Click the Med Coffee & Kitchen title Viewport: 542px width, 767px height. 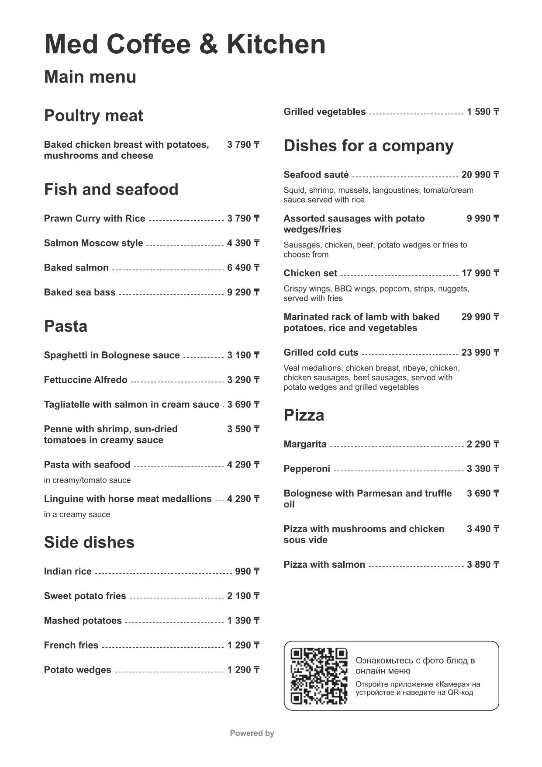(x=185, y=44)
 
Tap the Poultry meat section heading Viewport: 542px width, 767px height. (x=93, y=116)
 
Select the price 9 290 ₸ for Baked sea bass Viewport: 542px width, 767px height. (x=243, y=292)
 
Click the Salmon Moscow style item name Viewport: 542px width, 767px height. (x=93, y=243)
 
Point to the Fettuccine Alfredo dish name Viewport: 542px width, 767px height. (x=86, y=380)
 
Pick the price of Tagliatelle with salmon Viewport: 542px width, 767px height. (x=243, y=405)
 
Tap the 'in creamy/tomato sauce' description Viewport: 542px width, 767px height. (x=87, y=480)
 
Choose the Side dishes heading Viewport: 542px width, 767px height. (x=89, y=542)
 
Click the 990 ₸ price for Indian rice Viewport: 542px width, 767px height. (x=247, y=572)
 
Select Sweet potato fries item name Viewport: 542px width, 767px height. (x=85, y=596)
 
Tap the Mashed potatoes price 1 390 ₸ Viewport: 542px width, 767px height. (x=243, y=621)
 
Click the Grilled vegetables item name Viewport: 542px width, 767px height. (x=325, y=112)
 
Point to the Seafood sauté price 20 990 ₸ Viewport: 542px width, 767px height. (x=480, y=175)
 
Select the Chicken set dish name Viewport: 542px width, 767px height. (x=310, y=273)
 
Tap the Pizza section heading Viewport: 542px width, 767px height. (x=304, y=415)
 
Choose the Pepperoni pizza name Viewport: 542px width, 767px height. (x=307, y=469)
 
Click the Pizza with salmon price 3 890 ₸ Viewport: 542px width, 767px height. (x=483, y=565)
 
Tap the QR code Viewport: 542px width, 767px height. (x=319, y=676)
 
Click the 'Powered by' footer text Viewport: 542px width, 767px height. (x=252, y=733)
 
